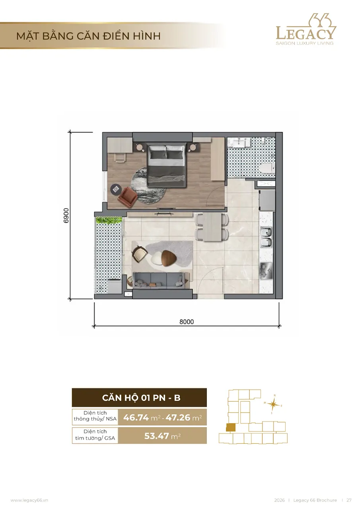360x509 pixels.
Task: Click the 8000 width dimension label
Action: [187, 322]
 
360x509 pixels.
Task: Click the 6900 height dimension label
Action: [66, 216]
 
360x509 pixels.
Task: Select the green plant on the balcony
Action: [109, 220]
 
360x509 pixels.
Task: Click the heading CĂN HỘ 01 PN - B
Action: [141, 398]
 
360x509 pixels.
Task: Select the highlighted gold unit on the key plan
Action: [231, 427]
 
